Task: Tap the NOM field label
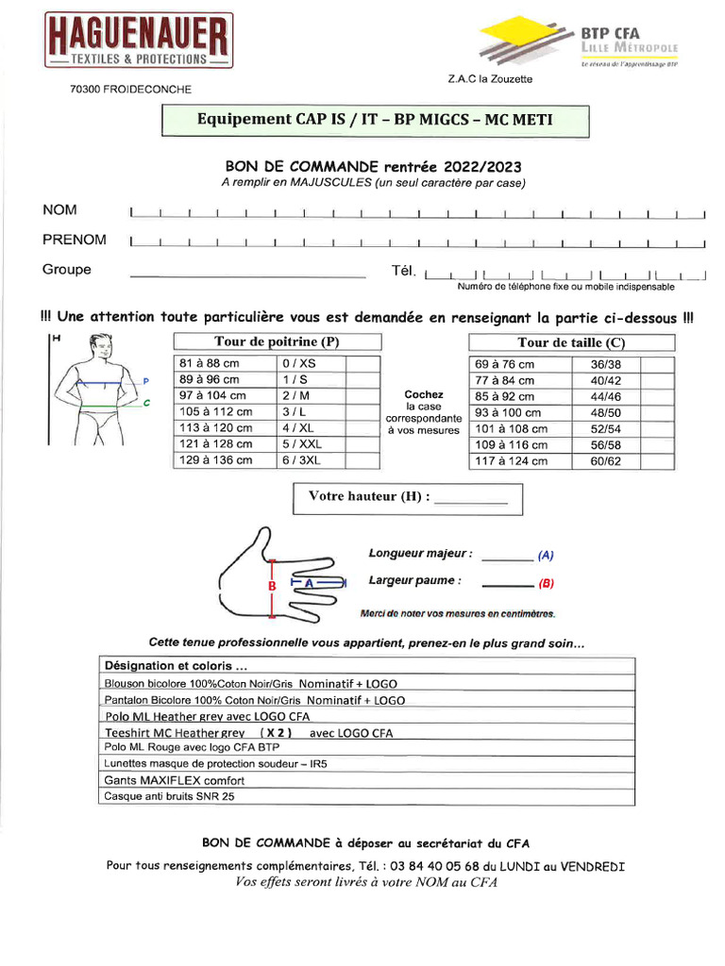[59, 210]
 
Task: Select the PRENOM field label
[74, 240]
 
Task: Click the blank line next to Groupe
[246, 275]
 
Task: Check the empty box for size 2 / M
[363, 396]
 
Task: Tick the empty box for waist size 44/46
[658, 397]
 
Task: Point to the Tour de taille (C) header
[571, 342]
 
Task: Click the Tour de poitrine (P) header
[277, 341]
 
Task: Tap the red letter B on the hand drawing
[272, 586]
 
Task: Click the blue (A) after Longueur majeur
[546, 556]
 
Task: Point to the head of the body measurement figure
[96, 344]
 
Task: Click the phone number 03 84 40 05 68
[433, 866]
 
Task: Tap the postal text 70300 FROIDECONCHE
[130, 90]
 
